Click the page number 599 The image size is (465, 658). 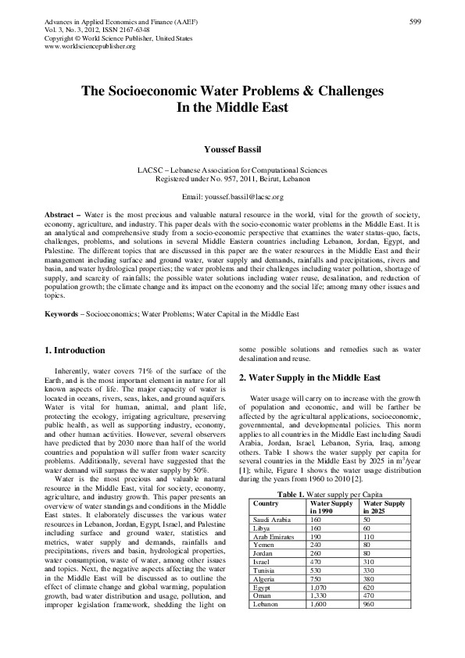[416, 21]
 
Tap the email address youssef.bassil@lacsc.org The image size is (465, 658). [245, 197]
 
